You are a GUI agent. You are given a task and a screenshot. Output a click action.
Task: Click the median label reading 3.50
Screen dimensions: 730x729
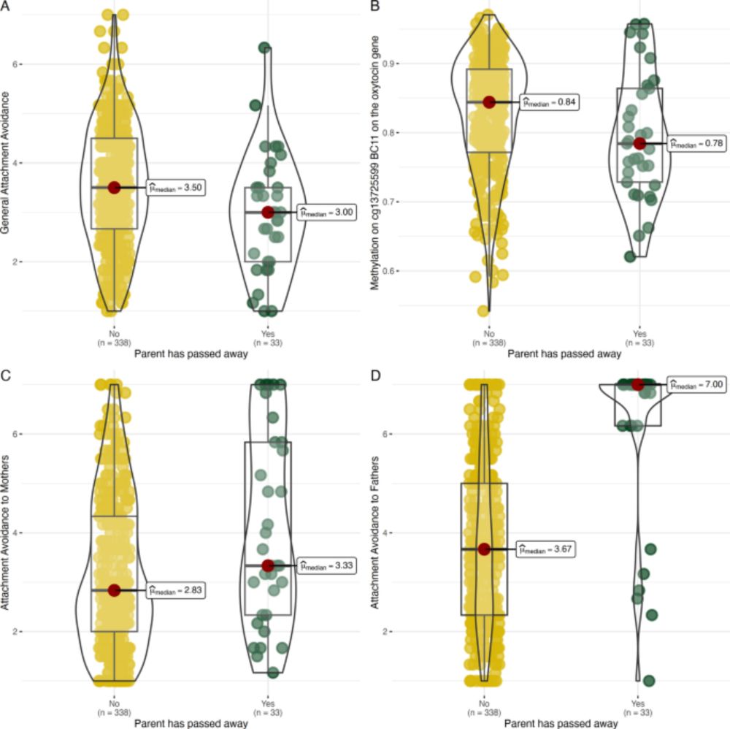coord(176,188)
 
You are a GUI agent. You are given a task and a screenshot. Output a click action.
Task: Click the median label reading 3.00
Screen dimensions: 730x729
coord(327,213)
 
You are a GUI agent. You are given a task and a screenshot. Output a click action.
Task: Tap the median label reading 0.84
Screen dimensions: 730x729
coord(550,102)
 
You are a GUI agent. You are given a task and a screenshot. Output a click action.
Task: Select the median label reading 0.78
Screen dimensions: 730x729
coord(696,143)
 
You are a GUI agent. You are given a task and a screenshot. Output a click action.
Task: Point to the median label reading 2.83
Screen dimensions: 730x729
coord(176,590)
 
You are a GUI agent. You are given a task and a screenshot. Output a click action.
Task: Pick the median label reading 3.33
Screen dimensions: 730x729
coord(327,565)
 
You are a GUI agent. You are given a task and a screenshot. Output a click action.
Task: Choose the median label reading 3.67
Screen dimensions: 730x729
coord(545,549)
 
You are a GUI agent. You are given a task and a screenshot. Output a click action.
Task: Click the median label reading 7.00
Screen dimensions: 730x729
coord(696,385)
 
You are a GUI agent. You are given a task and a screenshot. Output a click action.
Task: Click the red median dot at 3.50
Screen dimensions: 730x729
coord(114,188)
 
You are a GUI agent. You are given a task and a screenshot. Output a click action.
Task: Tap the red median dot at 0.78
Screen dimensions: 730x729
coord(639,143)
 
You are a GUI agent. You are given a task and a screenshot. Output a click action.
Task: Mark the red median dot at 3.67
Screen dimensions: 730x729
coord(484,549)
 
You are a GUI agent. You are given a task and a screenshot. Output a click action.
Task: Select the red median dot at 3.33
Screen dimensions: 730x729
coord(268,565)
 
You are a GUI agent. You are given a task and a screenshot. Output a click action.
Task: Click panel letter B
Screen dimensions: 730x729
coord(374,6)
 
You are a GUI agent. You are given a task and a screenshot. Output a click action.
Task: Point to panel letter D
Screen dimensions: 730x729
coord(375,375)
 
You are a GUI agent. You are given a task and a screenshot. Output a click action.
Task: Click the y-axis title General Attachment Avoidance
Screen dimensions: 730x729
coord(5,163)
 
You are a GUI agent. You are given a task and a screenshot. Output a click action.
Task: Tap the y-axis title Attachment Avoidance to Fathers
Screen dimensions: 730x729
coord(374,532)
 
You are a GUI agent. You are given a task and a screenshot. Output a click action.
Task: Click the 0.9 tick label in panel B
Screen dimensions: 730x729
coord(388,64)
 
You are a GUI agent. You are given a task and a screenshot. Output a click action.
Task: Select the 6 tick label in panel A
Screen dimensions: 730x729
coord(15,64)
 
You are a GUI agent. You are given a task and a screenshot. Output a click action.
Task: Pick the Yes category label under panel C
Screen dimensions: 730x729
coord(268,703)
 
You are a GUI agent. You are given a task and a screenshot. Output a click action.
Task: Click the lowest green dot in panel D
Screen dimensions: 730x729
coord(649,681)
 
